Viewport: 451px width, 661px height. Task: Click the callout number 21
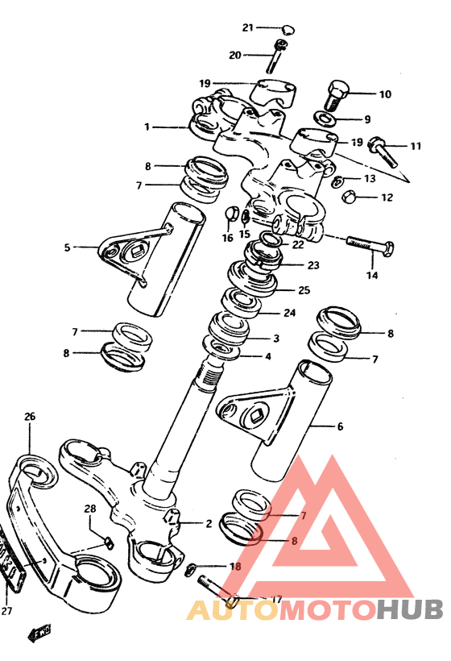pos(247,28)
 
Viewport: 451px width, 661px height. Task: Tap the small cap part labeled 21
pos(288,30)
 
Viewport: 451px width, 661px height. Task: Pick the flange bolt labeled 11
pos(383,152)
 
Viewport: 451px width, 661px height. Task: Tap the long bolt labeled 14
pos(370,245)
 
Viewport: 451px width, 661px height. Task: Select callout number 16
pos(227,238)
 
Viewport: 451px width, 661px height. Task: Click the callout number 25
pos(304,290)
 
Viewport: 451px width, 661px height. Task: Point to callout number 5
pos(67,247)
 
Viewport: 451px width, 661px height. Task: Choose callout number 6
pos(340,426)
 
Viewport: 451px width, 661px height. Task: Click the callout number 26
pos(30,417)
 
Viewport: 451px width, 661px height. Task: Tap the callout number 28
pos(90,509)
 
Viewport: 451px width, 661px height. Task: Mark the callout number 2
pos(209,524)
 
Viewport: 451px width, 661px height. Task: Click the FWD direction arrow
pos(40,632)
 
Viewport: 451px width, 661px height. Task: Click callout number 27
pos(6,610)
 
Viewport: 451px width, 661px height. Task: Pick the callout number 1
pos(147,127)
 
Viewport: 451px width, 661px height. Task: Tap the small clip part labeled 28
pos(108,543)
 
